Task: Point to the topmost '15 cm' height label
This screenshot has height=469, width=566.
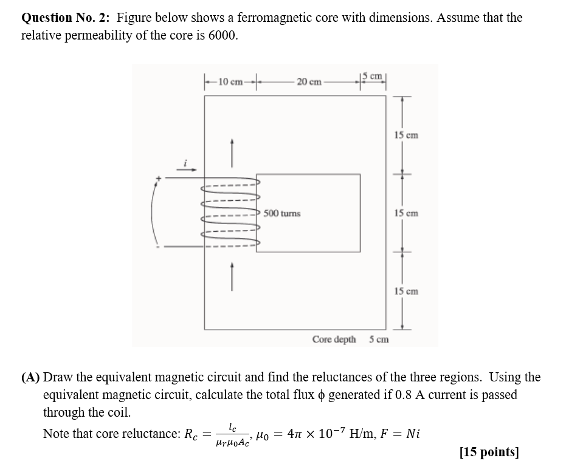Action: [406, 135]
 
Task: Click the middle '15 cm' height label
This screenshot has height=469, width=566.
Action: [406, 214]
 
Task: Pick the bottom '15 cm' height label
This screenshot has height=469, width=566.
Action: [406, 291]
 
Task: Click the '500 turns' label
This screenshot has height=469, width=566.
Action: [282, 214]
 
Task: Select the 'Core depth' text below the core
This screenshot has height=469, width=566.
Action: [334, 339]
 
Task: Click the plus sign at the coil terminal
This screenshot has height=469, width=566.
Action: [159, 178]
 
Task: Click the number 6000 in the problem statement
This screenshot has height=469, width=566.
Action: [222, 35]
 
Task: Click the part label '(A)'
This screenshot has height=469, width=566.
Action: [31, 377]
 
